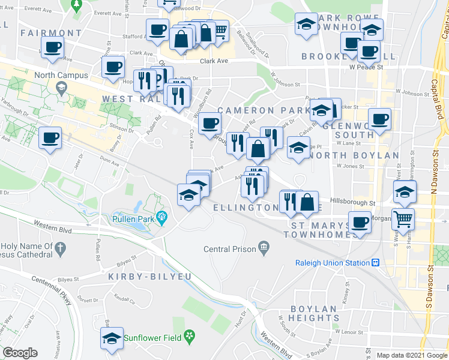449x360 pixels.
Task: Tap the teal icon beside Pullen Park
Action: coord(160,216)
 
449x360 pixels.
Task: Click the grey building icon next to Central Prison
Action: coord(263,246)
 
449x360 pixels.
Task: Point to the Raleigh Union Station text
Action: coord(332,263)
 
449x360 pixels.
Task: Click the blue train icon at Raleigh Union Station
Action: coord(375,263)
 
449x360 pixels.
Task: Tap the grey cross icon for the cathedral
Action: coord(59,247)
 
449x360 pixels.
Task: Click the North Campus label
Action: coord(61,76)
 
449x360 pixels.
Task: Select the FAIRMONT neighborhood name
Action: coord(50,33)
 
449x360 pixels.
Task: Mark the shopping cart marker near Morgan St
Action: coord(402,220)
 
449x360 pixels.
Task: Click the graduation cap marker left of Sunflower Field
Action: coord(112,338)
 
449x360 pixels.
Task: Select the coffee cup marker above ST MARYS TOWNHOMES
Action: coord(360,223)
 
